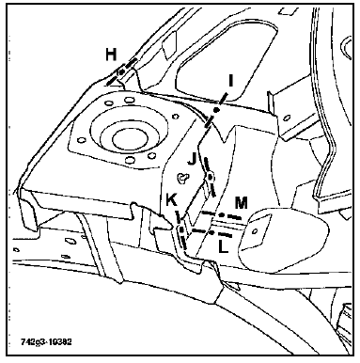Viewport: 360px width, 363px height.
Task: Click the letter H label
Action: (111, 54)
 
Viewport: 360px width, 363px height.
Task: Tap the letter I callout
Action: (231, 81)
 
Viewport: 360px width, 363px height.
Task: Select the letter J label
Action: (193, 159)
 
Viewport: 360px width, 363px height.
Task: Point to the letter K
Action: (171, 201)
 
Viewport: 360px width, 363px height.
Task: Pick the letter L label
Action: (223, 247)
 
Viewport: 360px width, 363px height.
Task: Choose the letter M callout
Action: (242, 203)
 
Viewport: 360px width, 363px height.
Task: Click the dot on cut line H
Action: (121, 72)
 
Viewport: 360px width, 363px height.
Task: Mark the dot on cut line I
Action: (216, 110)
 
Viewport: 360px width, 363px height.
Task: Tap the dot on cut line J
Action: (211, 178)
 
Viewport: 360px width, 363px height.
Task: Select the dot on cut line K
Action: (181, 229)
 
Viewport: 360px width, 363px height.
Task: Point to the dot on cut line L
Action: (211, 232)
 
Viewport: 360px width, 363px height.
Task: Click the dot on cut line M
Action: (221, 215)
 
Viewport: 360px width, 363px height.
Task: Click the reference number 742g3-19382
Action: (46, 341)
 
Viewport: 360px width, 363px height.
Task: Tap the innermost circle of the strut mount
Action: (130, 139)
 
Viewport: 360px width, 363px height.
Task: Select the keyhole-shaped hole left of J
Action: (182, 179)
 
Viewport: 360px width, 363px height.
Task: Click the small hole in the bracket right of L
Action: (255, 231)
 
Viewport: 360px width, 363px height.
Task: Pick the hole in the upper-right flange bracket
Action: (286, 119)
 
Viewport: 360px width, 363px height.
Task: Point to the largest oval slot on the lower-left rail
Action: (70, 241)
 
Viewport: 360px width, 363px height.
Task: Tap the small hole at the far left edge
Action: (16, 250)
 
